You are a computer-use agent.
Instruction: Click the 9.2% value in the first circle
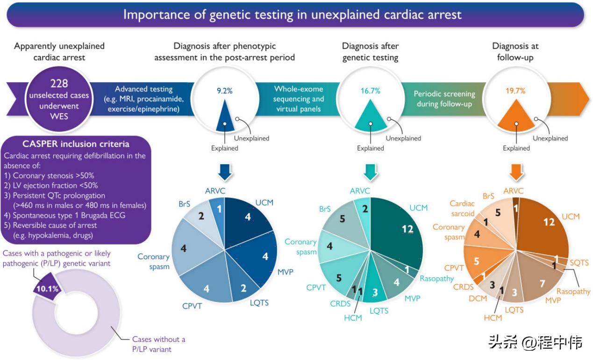[224, 91]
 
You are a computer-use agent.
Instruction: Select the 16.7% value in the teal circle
[370, 91]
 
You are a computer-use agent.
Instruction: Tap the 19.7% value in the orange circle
[516, 91]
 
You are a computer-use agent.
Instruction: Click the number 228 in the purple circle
[59, 84]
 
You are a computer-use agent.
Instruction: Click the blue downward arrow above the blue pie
[225, 172]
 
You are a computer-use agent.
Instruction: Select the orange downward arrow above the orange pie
[516, 172]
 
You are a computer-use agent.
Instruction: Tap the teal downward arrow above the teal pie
[371, 172]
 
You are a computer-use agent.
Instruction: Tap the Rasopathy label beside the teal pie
[436, 279]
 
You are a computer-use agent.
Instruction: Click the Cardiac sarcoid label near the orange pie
[462, 209]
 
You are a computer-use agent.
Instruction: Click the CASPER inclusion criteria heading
[76, 144]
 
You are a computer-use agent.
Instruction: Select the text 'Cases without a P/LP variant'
[158, 344]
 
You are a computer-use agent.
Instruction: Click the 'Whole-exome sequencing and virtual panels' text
[299, 99]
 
